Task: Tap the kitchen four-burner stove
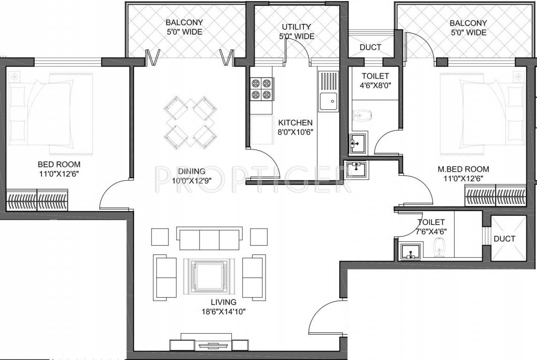coord(262,89)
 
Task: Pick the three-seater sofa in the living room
coord(209,239)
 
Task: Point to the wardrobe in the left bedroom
coord(37,200)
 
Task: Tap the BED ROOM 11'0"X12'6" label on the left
coord(59,169)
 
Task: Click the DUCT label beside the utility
coord(370,47)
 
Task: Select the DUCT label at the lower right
coord(504,239)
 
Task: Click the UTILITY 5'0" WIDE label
coord(296,31)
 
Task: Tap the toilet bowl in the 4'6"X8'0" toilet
coord(362,114)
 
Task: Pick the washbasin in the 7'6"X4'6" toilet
coord(411,254)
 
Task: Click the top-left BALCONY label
coord(184,27)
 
